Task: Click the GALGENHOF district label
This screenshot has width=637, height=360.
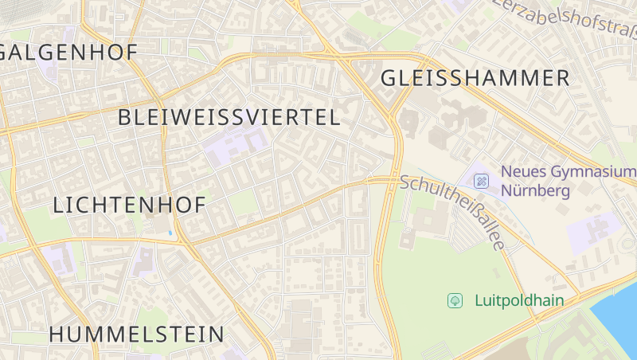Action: tap(70, 53)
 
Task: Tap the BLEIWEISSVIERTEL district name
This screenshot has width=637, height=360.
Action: tap(229, 118)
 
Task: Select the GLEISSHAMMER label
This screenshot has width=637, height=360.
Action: tap(475, 78)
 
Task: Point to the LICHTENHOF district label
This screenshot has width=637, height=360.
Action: tap(129, 205)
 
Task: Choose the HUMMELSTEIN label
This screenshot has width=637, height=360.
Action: tap(137, 334)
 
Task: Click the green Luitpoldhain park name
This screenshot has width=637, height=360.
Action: tap(519, 300)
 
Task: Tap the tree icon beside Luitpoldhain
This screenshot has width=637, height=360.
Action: tap(455, 300)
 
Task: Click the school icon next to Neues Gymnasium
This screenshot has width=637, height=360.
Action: tap(481, 181)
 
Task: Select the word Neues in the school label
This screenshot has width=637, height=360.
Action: tap(521, 172)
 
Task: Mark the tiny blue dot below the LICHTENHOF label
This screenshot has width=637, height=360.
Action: tap(170, 233)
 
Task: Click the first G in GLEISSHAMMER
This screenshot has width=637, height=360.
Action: tap(389, 78)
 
